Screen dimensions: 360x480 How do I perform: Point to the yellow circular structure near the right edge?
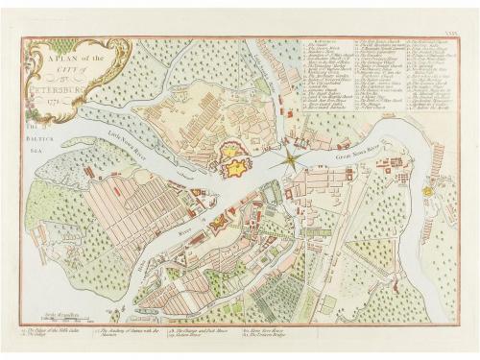click(427, 192)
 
